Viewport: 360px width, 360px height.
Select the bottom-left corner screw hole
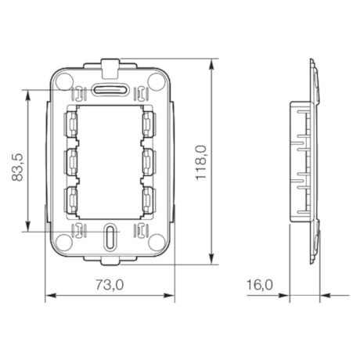[65, 242]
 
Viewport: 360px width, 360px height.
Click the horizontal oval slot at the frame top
[110, 89]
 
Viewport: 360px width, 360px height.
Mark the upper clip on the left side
[70, 123]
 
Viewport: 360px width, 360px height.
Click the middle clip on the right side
[149, 160]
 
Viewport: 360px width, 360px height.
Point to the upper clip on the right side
[149, 123]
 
